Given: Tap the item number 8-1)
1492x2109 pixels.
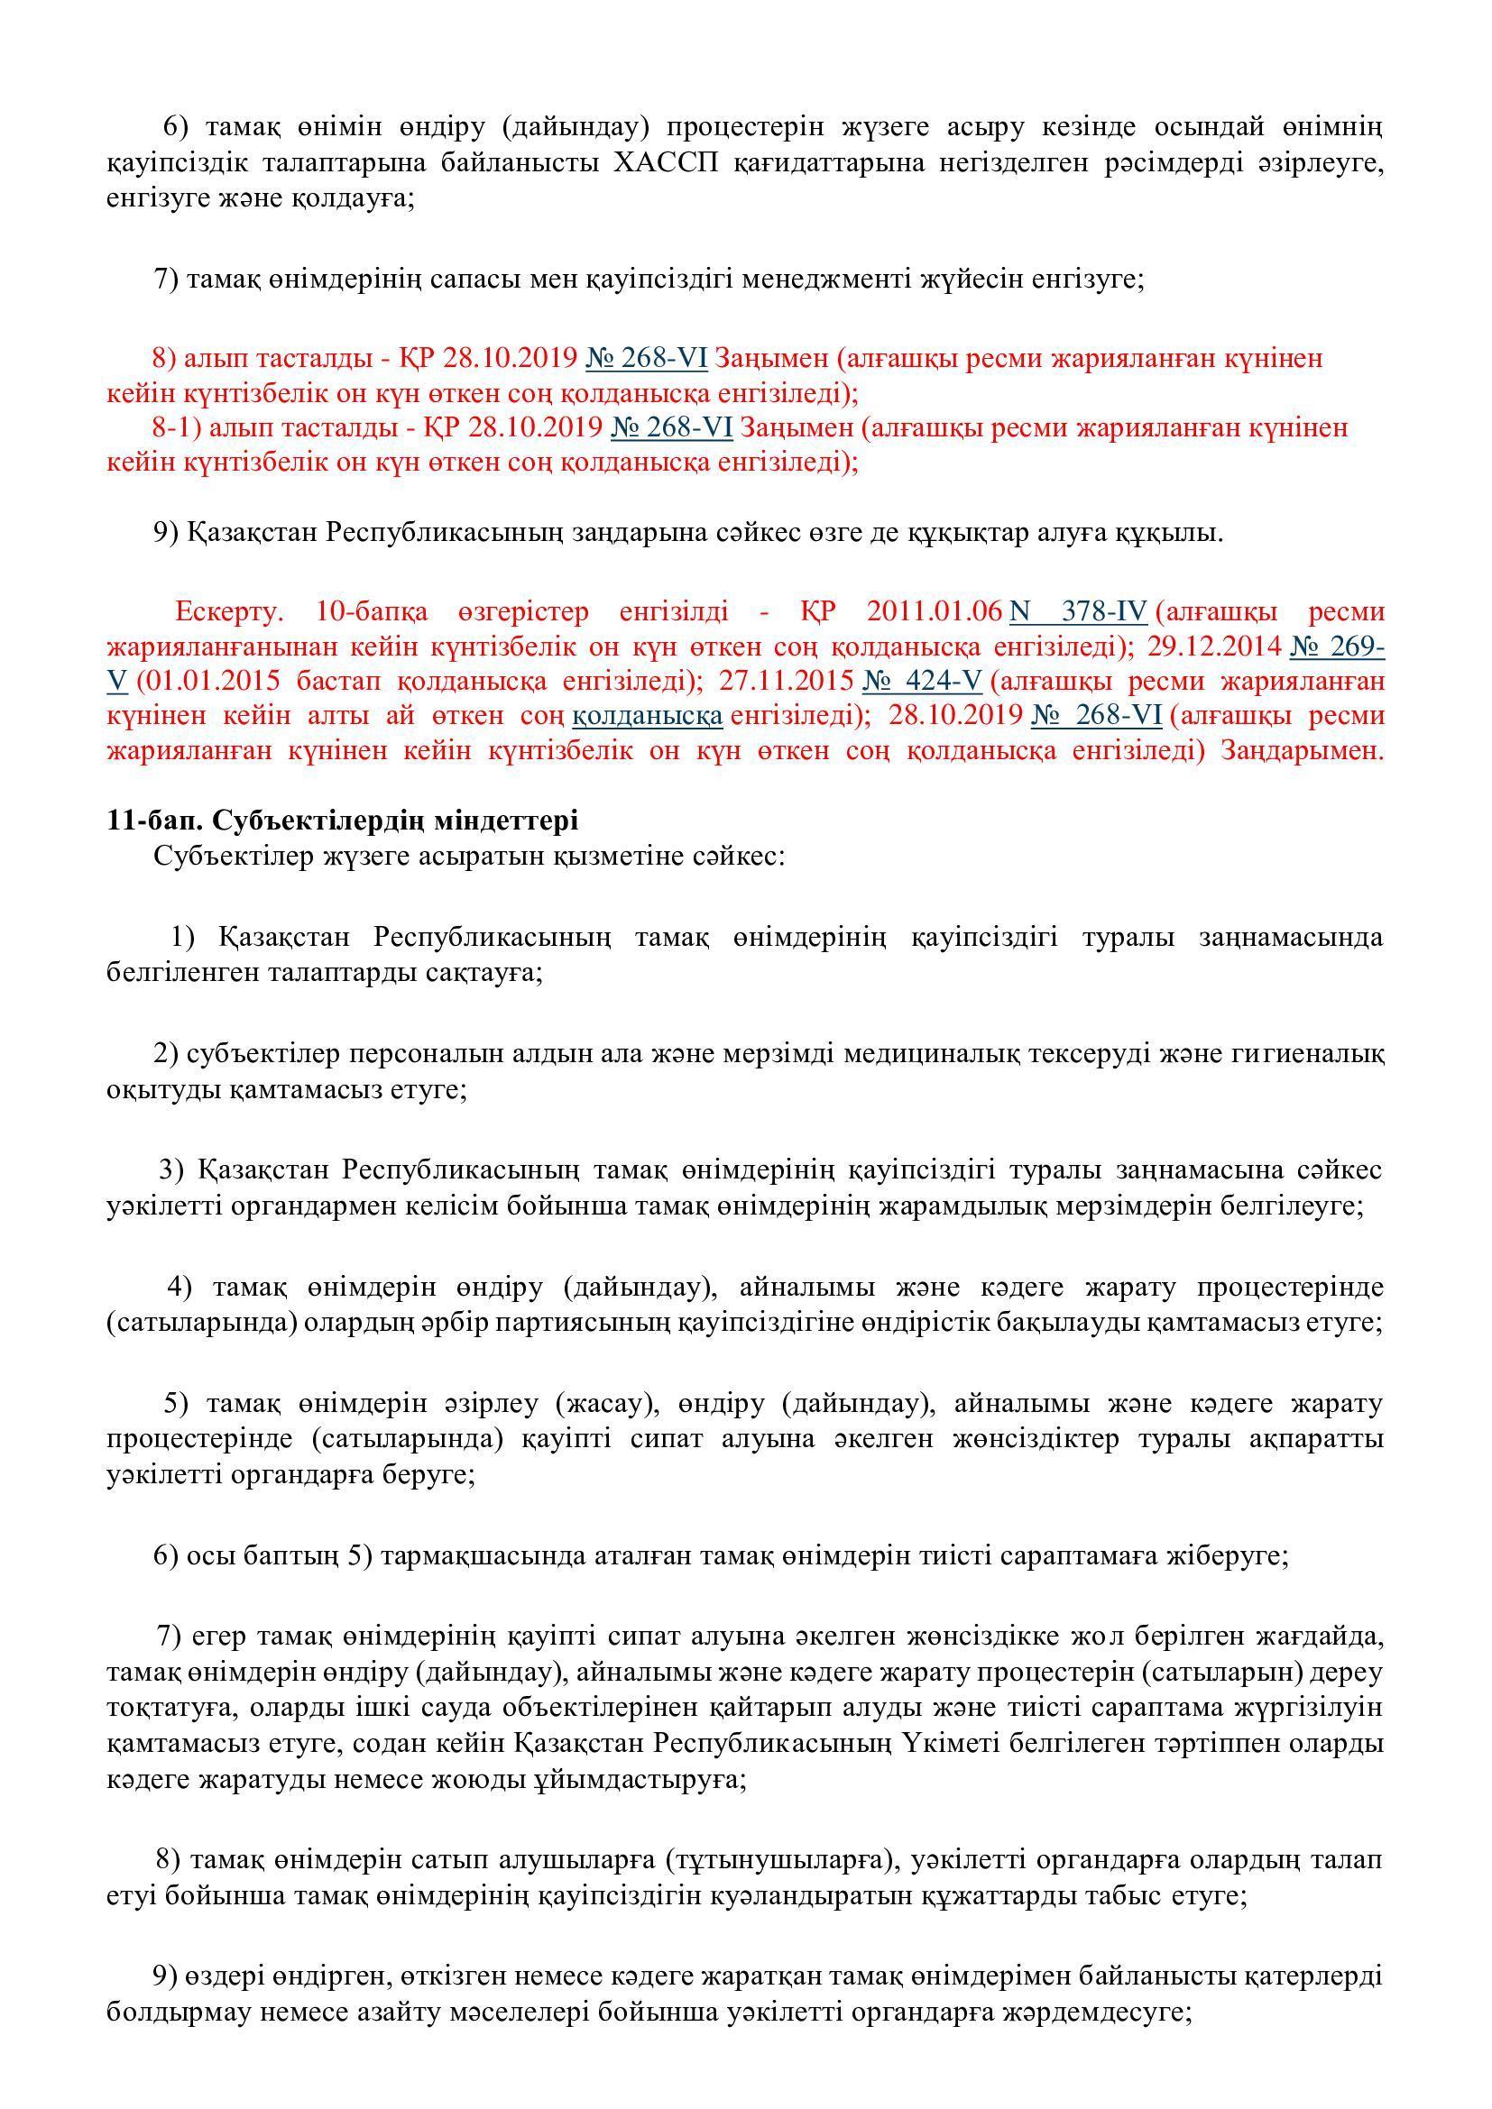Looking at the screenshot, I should pos(178,428).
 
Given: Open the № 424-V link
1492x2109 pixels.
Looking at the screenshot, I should pos(923,682).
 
